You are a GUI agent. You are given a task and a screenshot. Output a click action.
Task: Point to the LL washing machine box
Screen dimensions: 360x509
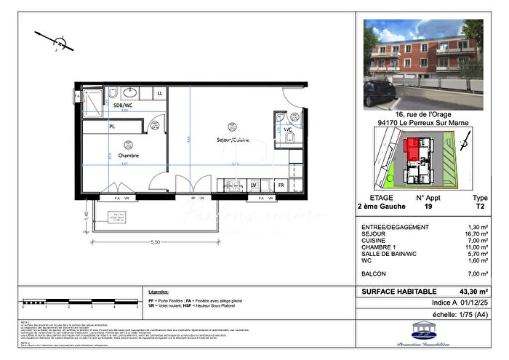[160, 94]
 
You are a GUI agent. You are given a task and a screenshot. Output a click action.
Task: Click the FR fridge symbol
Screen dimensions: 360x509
[280, 186]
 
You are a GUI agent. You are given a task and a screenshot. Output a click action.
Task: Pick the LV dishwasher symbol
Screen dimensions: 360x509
[254, 186]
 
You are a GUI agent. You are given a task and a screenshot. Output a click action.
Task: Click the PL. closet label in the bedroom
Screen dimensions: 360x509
[113, 127]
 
